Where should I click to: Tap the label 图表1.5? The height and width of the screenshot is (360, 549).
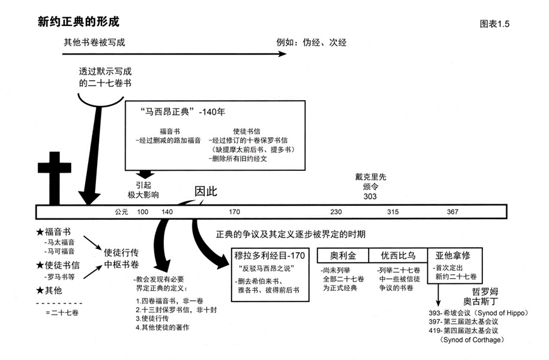[x=496, y=24]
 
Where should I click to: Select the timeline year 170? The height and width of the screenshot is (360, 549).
[x=234, y=211]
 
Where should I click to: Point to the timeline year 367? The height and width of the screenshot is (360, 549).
[x=452, y=211]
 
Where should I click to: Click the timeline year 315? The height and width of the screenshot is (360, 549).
[x=393, y=211]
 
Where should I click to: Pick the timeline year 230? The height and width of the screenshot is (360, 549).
[x=336, y=211]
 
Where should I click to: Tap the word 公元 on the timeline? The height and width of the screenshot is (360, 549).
[x=121, y=211]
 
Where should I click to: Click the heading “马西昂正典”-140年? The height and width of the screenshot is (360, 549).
[x=178, y=111]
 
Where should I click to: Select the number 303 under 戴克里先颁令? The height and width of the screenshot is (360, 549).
[x=371, y=197]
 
